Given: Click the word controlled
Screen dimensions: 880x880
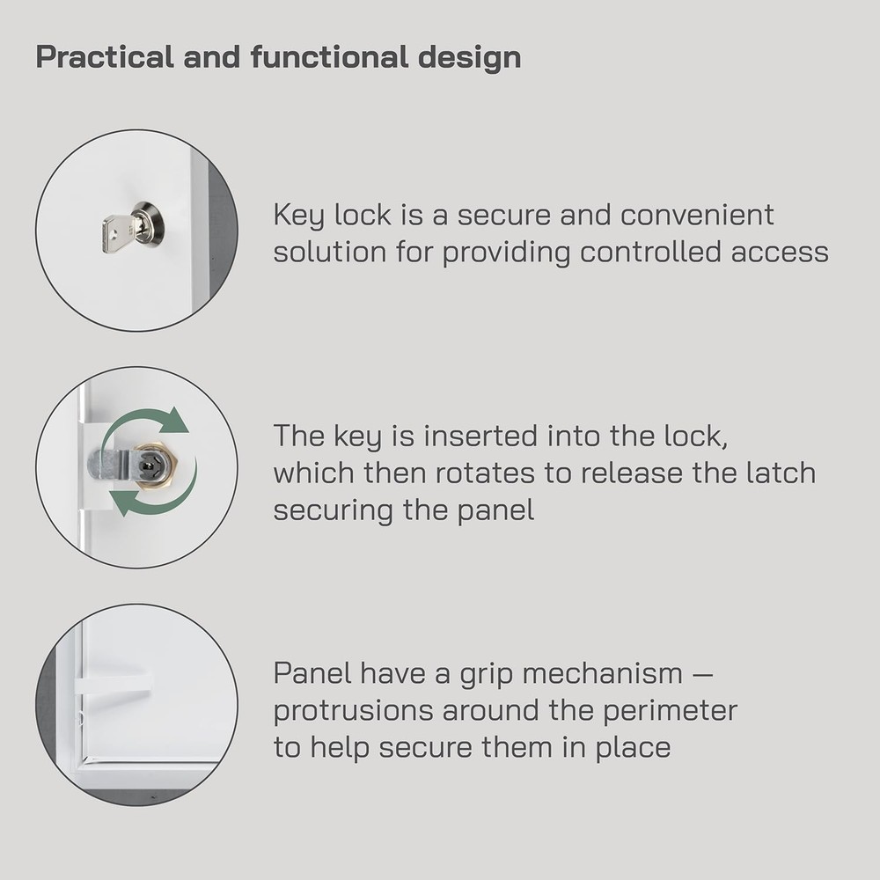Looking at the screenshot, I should (x=652, y=253).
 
